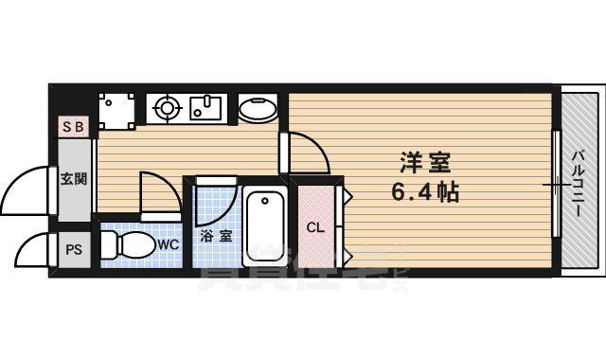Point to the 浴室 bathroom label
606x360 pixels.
216,236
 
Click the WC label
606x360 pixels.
168,244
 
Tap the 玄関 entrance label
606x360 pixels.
74,179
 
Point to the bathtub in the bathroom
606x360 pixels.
264,226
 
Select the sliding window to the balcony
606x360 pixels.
555,182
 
